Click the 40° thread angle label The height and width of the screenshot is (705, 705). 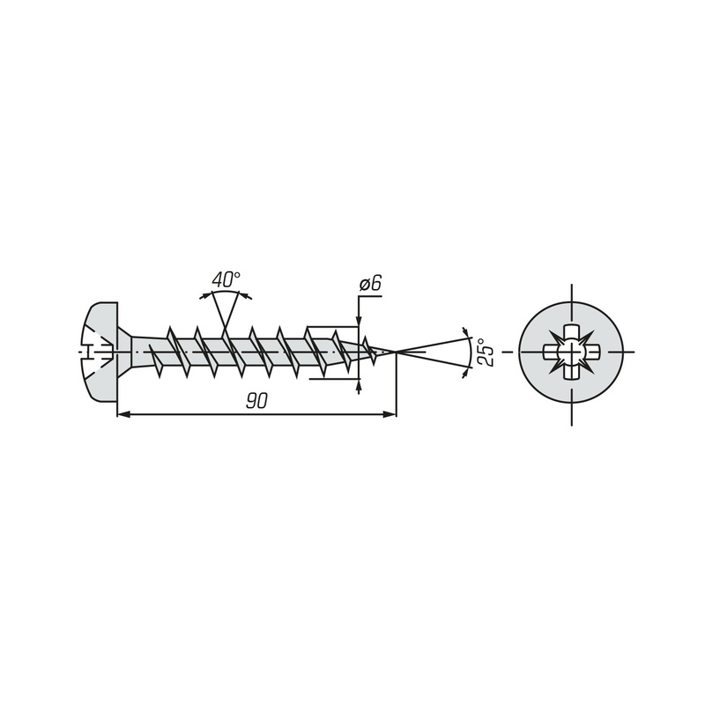tap(226, 279)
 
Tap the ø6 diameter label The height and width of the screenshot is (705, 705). tap(370, 284)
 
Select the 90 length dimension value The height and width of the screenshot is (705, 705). tap(256, 401)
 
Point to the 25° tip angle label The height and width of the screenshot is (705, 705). tap(486, 352)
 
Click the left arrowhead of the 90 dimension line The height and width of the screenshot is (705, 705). tap(122, 414)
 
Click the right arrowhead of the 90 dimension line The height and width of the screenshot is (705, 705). tap(390, 414)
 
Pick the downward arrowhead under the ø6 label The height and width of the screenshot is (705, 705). tap(359, 319)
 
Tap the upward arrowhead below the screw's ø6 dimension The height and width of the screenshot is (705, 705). tap(359, 385)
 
